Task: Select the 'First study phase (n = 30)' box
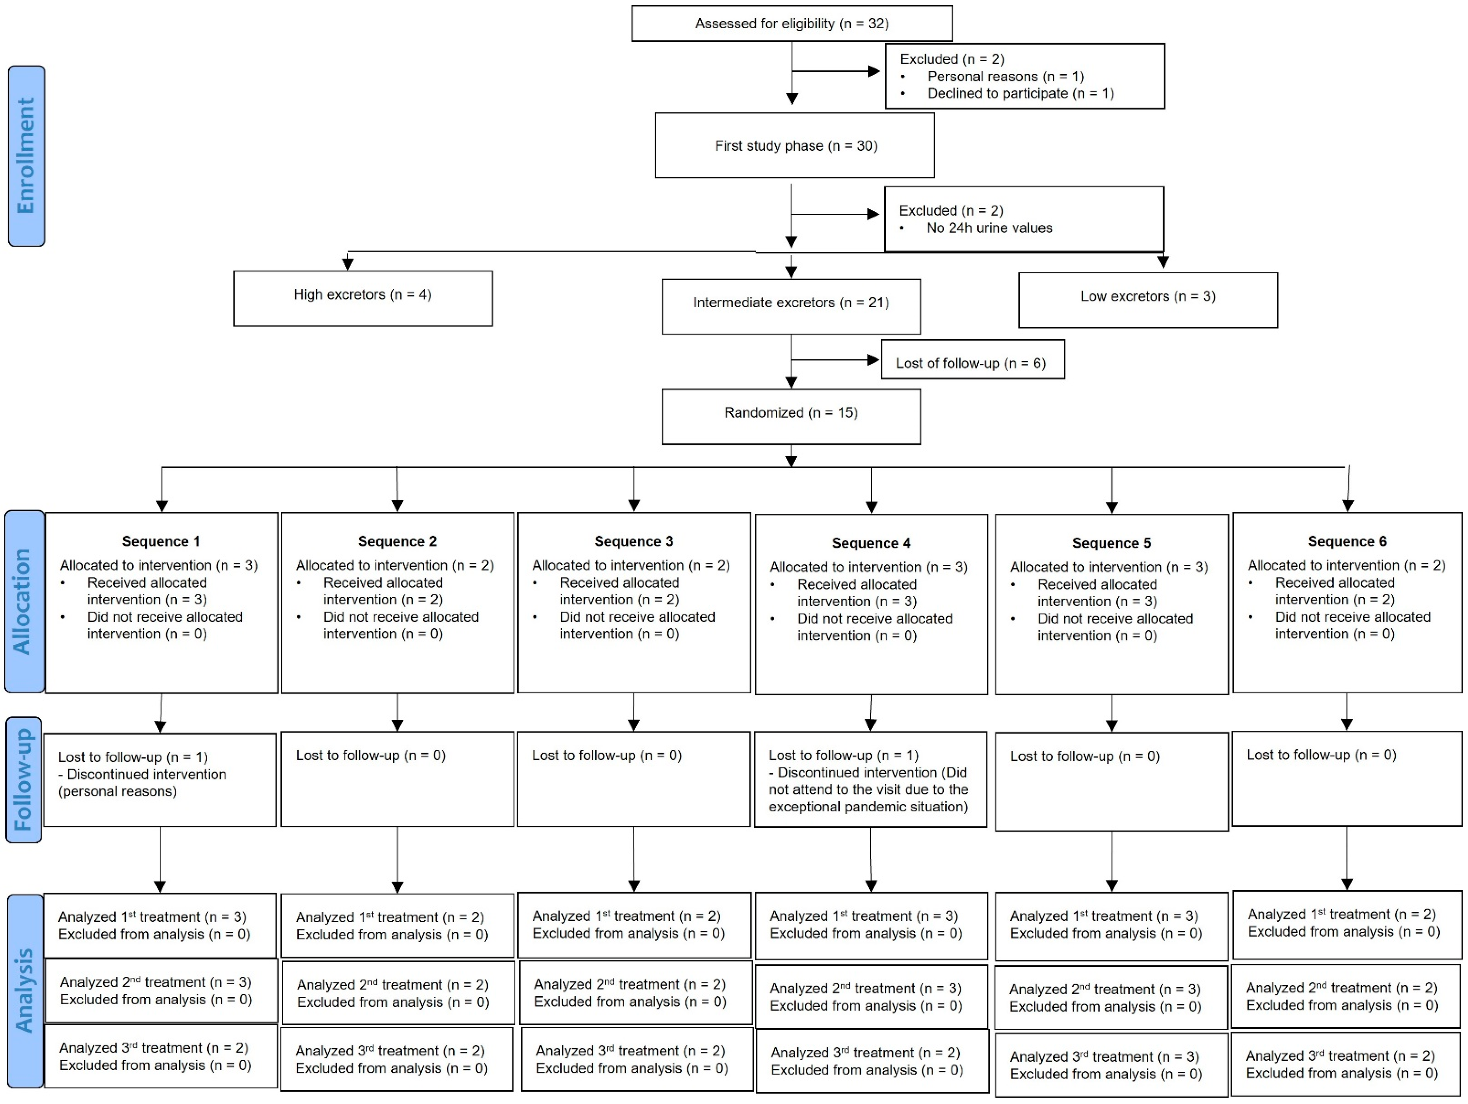click(x=795, y=145)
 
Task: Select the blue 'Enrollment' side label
click(x=26, y=156)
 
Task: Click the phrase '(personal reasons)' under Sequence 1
click(x=118, y=791)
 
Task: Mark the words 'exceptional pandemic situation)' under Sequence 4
click(x=868, y=807)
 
